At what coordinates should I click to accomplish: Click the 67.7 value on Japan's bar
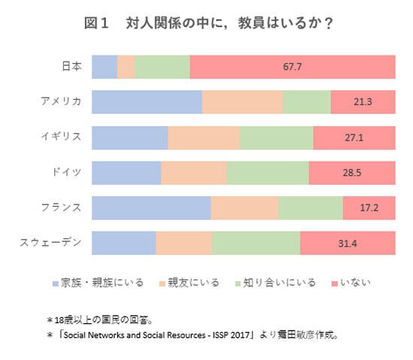(292, 67)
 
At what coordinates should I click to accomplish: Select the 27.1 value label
(354, 138)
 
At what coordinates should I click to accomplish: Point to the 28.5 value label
(351, 173)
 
